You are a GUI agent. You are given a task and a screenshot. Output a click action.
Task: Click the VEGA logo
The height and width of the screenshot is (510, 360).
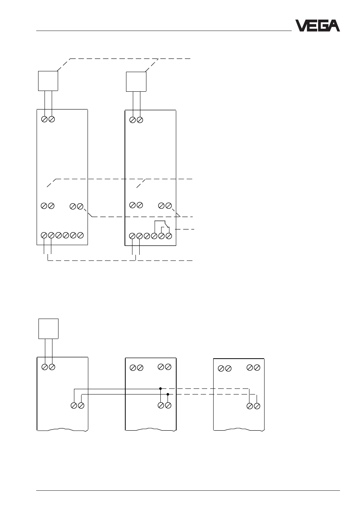(x=317, y=26)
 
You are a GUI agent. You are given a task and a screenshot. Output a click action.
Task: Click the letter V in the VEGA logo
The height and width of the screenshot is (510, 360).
(x=301, y=26)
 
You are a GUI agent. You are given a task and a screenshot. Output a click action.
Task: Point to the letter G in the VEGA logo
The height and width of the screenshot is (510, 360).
(x=323, y=26)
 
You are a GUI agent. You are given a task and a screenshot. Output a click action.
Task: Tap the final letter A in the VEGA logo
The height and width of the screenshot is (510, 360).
(x=334, y=26)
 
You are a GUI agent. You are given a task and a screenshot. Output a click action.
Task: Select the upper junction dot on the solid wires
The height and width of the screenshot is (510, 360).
(x=160, y=388)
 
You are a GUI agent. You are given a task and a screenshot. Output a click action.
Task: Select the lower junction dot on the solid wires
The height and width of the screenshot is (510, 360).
(x=168, y=394)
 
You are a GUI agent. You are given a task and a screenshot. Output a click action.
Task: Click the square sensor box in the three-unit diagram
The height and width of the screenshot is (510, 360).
(x=48, y=328)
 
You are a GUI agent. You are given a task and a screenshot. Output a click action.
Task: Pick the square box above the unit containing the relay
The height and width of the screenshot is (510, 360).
(x=136, y=82)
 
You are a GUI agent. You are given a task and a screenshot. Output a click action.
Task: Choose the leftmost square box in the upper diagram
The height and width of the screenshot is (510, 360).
(x=48, y=81)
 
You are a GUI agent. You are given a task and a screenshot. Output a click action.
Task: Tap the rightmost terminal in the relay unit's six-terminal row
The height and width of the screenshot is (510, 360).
(x=169, y=236)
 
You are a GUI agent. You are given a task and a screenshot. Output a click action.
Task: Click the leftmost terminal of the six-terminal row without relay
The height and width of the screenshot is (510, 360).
(x=44, y=235)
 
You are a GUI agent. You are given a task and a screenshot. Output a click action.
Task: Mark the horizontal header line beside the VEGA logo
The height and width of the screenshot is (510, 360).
(x=164, y=31)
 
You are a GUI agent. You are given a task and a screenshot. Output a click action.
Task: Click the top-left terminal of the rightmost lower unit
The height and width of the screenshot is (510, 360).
(x=221, y=368)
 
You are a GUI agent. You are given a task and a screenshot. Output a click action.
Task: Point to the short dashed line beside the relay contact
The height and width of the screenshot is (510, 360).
(x=185, y=229)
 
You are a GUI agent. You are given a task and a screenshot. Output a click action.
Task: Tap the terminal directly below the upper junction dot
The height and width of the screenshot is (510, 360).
(x=161, y=405)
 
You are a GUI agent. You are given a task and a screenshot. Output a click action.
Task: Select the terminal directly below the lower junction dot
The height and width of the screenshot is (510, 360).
(x=168, y=405)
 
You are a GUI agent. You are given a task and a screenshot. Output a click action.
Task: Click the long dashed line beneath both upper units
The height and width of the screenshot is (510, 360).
(x=120, y=260)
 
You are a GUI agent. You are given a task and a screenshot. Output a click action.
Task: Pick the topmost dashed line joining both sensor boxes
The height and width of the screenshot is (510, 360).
(x=124, y=59)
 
